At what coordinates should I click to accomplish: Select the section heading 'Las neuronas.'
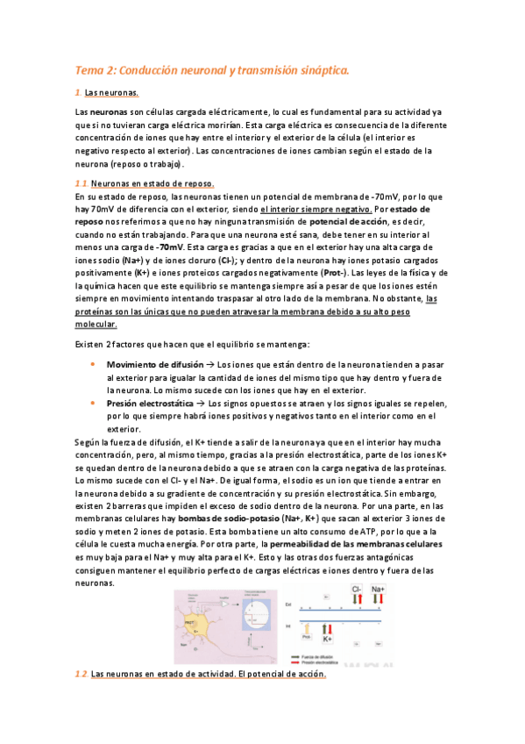click(111, 92)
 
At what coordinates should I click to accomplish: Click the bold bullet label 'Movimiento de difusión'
click(152, 364)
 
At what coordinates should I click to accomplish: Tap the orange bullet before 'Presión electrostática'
click(93, 402)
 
